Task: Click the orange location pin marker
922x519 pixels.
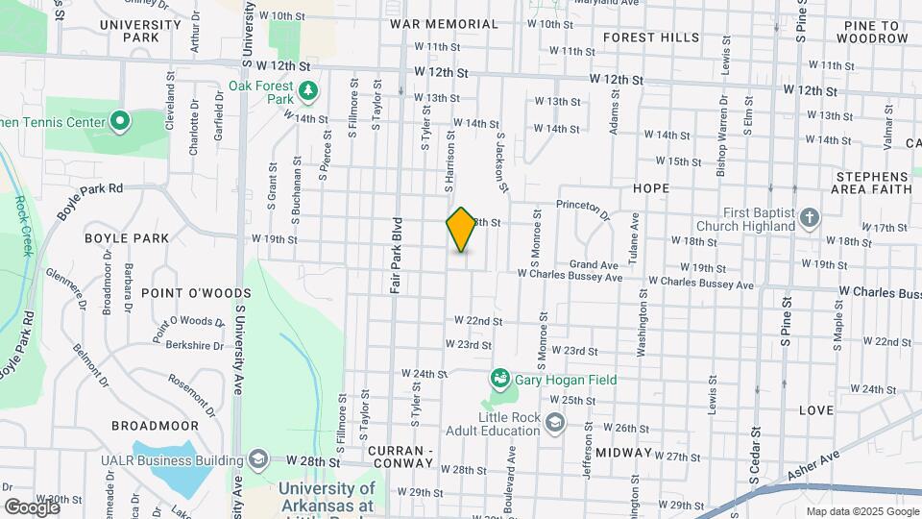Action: [x=461, y=229]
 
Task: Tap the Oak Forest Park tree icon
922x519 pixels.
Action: [x=308, y=91]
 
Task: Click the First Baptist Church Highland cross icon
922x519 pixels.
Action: [x=809, y=218]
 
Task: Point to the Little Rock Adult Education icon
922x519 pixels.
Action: [x=554, y=423]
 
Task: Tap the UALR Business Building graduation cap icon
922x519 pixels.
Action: [x=257, y=460]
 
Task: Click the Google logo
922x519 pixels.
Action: [x=32, y=507]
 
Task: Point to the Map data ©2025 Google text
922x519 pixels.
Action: [x=861, y=511]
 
